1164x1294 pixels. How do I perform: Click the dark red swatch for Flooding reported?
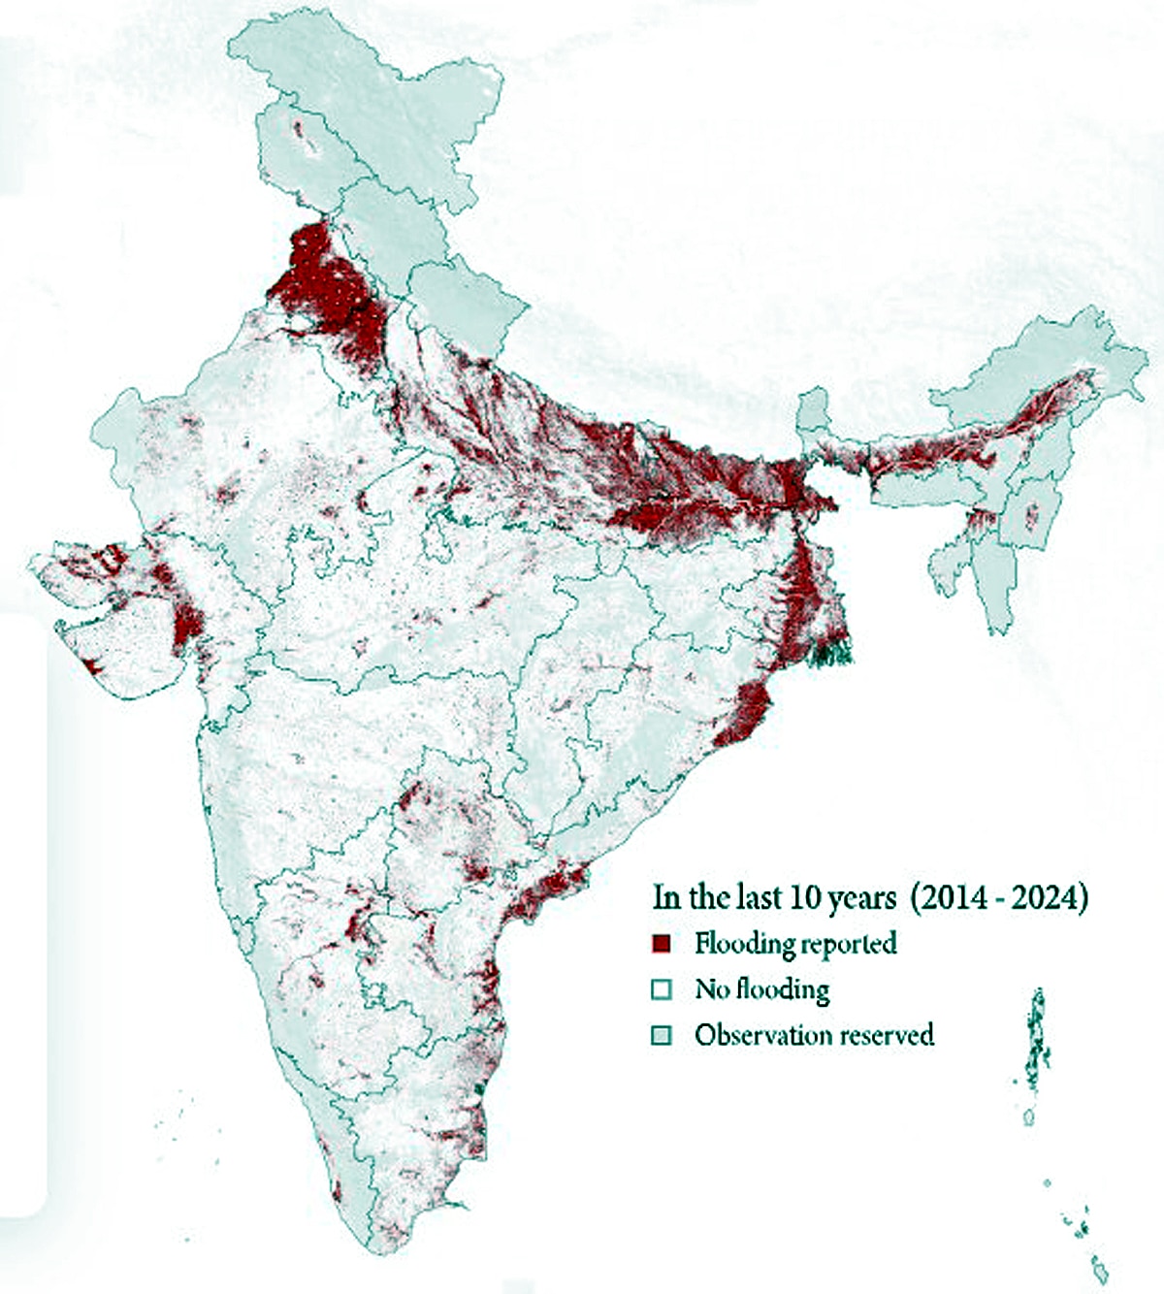pyautogui.click(x=662, y=943)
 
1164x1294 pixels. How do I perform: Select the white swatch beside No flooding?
pyautogui.click(x=662, y=989)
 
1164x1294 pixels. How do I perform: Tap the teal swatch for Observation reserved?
pyautogui.click(x=662, y=1035)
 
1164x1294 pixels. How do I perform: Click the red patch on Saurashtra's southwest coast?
pyautogui.click(x=94, y=666)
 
